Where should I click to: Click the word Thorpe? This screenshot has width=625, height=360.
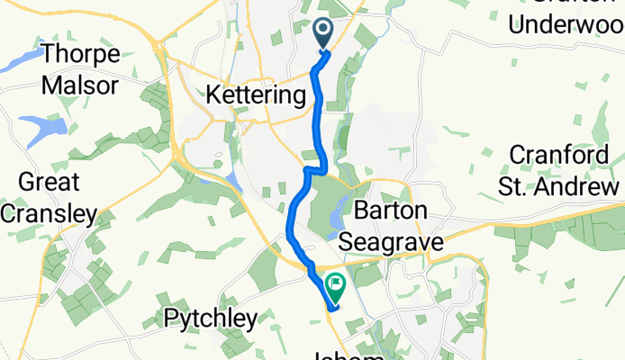click(81, 54)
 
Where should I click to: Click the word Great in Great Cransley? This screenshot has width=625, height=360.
click(41, 182)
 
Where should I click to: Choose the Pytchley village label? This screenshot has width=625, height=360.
click(210, 318)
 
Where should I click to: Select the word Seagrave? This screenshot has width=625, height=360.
click(393, 242)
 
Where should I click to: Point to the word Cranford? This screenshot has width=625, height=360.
click(566, 154)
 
